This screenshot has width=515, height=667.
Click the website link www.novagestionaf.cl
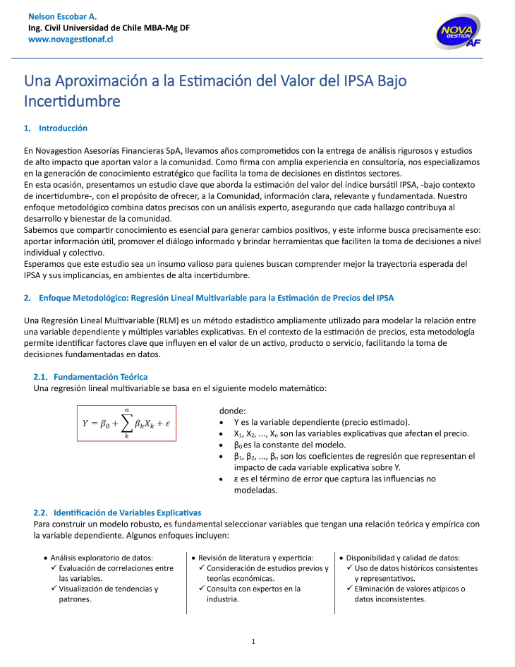click(71, 40)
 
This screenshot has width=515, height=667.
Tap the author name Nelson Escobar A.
click(63, 16)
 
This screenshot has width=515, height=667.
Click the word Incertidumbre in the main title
click(72, 101)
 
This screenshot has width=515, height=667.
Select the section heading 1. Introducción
click(56, 128)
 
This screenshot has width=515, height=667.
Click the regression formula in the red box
click(126, 423)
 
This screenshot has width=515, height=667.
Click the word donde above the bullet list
click(233, 410)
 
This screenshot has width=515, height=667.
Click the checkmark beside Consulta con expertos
click(202, 589)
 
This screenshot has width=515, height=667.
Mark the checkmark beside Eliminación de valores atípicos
click(350, 589)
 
